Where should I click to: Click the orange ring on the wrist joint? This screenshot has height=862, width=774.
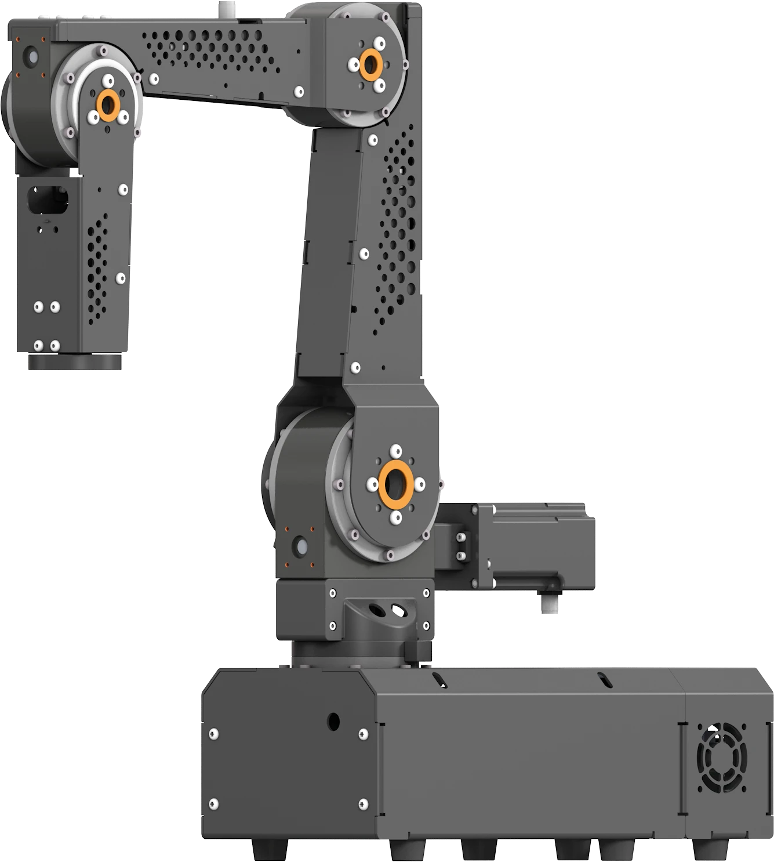pos(107,105)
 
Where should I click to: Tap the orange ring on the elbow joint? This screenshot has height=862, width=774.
pos(370,64)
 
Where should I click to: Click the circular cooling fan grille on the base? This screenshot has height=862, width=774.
pos(721,757)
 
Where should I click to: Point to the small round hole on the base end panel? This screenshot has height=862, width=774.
pos(333,721)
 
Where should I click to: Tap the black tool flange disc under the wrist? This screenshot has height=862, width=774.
pos(75,362)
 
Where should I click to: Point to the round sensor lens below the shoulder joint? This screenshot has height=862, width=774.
pos(301,546)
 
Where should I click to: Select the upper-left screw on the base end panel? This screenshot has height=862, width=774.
pos(214,734)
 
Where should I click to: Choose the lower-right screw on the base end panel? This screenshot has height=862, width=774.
pos(364,804)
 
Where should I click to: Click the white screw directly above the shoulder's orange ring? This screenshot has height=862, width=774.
pos(396,451)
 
